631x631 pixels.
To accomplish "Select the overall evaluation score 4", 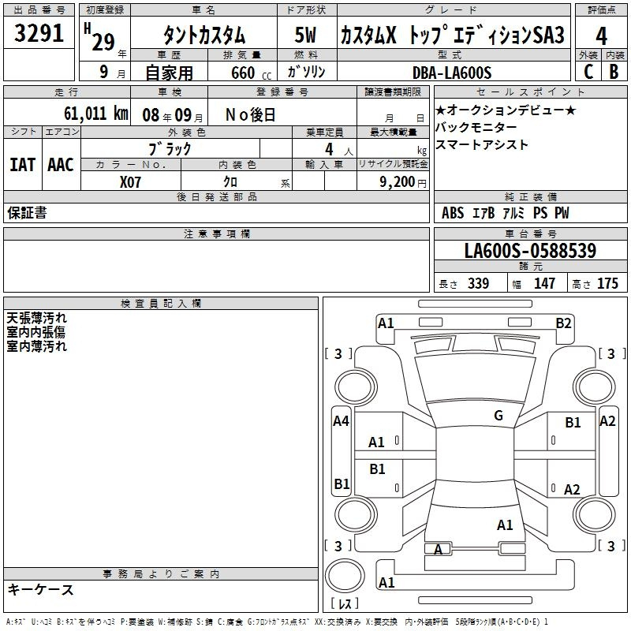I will coord(601,35).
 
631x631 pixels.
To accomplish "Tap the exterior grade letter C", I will coord(588,71).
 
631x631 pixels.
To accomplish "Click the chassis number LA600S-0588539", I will coord(530,252).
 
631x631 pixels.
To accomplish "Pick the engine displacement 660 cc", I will coord(241,73).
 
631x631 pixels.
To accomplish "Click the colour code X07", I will coord(131,181).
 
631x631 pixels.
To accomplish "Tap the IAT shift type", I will coord(22,165).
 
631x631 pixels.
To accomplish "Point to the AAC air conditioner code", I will coord(61,165).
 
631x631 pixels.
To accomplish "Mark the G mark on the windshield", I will coord(498,416).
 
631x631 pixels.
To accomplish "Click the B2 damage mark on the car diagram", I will coord(563,323).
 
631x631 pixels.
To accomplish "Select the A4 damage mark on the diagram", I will coord(341,421).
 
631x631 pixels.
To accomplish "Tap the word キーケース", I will coord(41,590).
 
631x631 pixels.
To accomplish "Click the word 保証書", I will coord(27,213).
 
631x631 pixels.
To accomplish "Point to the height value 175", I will coord(607,284).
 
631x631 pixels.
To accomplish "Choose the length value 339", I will coord(477,284).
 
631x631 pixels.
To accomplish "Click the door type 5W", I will coord(306,35).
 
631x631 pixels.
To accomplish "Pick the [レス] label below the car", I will coord(344,604).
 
